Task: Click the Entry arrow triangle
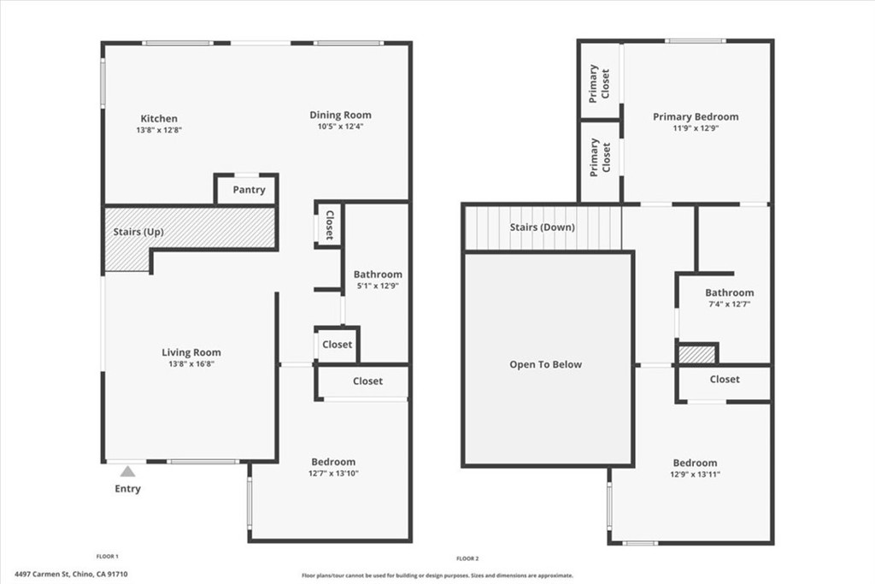(x=127, y=471)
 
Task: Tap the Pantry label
(x=249, y=190)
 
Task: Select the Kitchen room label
(x=159, y=119)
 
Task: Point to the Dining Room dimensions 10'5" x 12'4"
(x=340, y=127)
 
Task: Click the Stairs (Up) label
(x=138, y=233)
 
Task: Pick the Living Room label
(x=191, y=352)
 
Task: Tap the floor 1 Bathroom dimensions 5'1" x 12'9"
(x=378, y=286)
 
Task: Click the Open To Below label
(x=546, y=365)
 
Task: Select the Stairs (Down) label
(x=543, y=227)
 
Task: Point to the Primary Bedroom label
(x=696, y=117)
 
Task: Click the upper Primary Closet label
(x=600, y=82)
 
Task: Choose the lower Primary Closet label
(x=600, y=156)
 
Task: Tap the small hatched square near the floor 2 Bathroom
(x=697, y=354)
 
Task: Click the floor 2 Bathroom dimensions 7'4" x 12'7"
(x=729, y=304)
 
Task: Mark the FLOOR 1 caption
(x=107, y=557)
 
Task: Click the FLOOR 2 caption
(x=468, y=558)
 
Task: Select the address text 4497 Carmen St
(x=72, y=575)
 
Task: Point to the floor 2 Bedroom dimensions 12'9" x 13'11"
(x=695, y=475)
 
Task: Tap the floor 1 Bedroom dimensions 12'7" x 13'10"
(x=332, y=474)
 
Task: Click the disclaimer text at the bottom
(x=437, y=576)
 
